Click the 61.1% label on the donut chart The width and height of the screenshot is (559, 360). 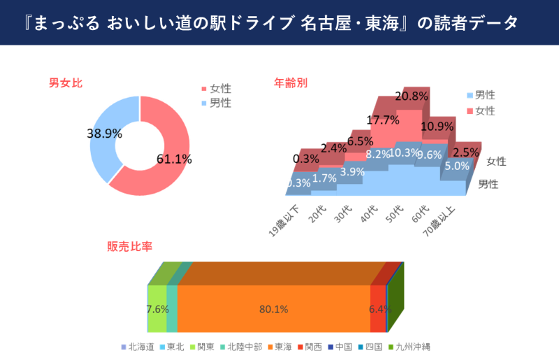(174, 159)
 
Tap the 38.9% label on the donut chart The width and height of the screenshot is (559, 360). (105, 133)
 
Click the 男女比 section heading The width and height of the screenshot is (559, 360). (66, 83)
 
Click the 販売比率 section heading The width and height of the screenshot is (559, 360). (130, 247)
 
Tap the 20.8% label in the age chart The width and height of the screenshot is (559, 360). (411, 96)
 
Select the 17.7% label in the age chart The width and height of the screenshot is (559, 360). (382, 120)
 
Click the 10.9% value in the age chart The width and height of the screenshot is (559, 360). (437, 127)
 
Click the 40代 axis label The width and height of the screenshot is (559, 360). (368, 214)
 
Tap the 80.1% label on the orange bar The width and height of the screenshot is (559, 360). (273, 309)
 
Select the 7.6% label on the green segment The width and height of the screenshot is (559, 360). (158, 309)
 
